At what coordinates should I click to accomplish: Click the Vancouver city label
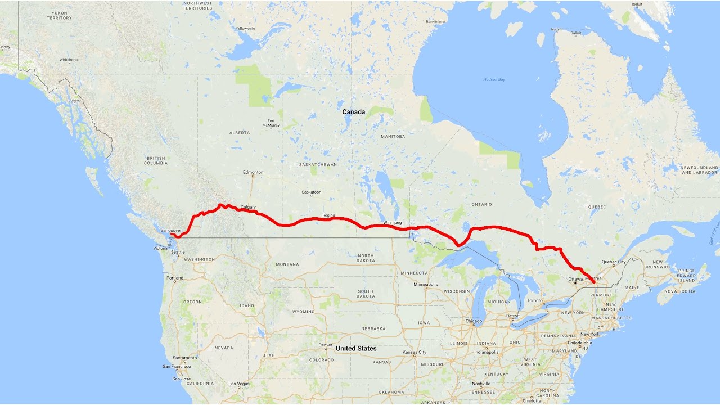tap(171, 231)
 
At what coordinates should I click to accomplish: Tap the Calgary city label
tap(248, 207)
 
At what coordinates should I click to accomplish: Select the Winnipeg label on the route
tap(393, 223)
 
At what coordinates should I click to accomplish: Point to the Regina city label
tap(328, 215)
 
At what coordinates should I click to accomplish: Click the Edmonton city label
tap(253, 172)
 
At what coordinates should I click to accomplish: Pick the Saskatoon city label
tap(311, 192)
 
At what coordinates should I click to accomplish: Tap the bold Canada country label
tap(354, 112)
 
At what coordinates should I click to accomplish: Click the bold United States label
tap(356, 349)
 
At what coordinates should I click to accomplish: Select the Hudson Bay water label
tap(494, 80)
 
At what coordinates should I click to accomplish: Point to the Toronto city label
tap(535, 301)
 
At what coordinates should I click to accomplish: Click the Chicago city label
tap(474, 322)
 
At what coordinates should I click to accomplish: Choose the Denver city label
tap(326, 345)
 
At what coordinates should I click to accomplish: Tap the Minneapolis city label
tap(425, 285)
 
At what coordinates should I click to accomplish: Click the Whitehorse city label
tap(69, 59)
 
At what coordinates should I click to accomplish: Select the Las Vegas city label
tap(239, 384)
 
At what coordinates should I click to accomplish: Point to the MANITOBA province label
tap(393, 137)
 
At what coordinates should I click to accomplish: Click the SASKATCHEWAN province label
tap(318, 165)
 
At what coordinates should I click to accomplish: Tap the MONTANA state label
tap(287, 264)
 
